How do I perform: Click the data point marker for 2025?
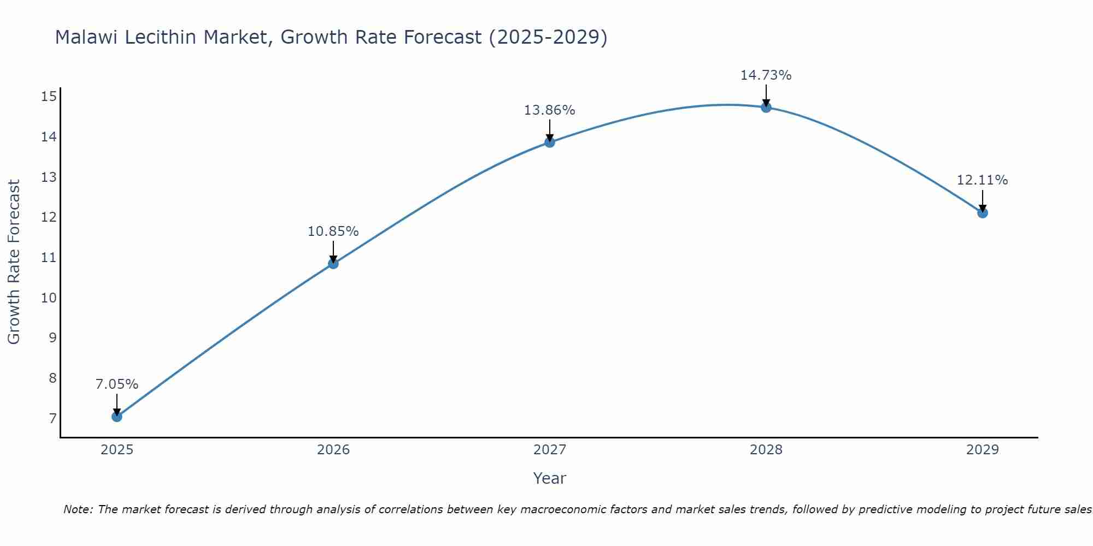[116, 417]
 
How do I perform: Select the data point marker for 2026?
[333, 264]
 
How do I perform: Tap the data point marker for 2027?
[550, 143]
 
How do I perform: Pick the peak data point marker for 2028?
[766, 108]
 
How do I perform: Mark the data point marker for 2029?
[983, 213]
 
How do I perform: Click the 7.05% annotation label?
[117, 384]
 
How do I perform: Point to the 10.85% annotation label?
[333, 232]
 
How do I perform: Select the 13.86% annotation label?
[550, 110]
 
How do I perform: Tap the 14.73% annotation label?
[766, 75]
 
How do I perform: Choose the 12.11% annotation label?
[982, 180]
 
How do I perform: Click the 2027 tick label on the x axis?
[550, 450]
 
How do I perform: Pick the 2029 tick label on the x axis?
[983, 450]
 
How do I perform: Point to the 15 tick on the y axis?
[49, 97]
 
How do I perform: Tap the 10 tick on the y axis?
[49, 298]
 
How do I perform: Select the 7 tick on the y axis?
[52, 419]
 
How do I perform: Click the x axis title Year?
[550, 478]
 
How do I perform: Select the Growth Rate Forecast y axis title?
[14, 262]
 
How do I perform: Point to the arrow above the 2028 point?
[766, 95]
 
